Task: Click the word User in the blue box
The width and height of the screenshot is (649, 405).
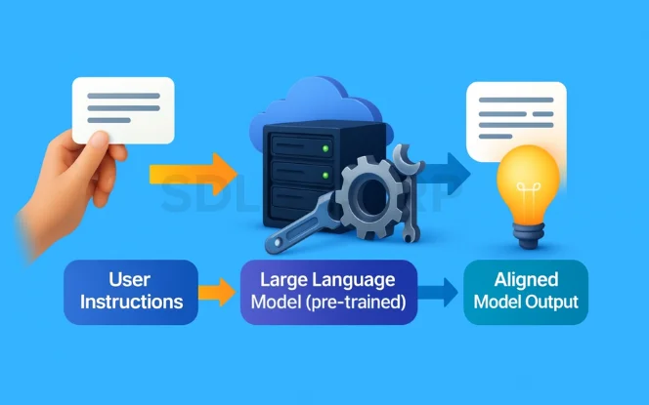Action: [131, 278]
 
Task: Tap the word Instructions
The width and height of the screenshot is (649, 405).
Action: [131, 302]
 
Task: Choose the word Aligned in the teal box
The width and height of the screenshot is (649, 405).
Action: [527, 279]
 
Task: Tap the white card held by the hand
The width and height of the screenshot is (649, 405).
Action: [123, 109]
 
